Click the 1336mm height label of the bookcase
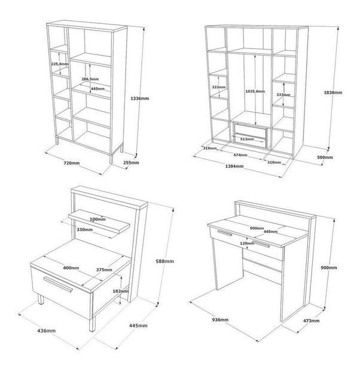pos(140,99)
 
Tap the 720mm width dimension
pos(72,163)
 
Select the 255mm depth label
pos(131,163)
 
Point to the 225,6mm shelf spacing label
pos(60,64)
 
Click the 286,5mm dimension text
pos(90,79)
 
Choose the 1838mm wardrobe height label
pos(333,93)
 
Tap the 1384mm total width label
pos(234,166)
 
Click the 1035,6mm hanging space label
pos(255,91)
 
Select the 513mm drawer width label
pos(247,139)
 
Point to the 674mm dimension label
pos(240,155)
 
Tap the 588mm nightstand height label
pos(165,261)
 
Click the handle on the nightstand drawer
pos(58,284)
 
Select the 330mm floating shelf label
pos(84,230)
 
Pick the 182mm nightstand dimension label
pos(120,291)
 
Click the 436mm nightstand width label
pos(47,331)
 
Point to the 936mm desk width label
pos(220,320)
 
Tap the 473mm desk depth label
pos(311,320)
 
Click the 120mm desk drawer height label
pos(247,243)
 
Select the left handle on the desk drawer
pos(224,233)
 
